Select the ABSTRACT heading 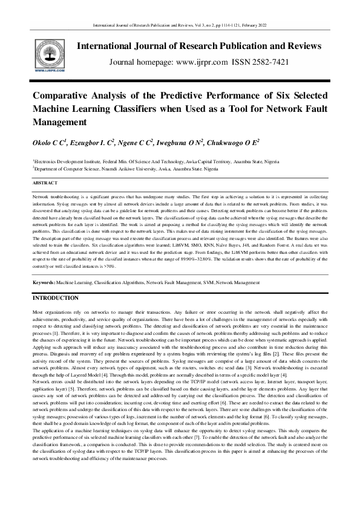tap(45, 183)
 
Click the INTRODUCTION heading tap(59, 299)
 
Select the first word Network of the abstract tap(41, 198)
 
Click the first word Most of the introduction tap(38, 311)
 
